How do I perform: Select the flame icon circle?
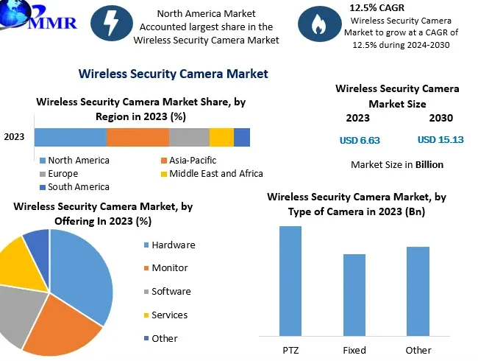click(x=319, y=24)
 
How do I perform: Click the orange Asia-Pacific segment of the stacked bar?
click(x=138, y=137)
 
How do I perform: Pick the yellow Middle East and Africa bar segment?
click(x=221, y=137)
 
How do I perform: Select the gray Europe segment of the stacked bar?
click(x=189, y=137)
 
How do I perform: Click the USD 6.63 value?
click(x=360, y=140)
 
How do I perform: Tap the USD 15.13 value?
click(x=440, y=140)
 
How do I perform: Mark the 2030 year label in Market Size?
click(x=440, y=118)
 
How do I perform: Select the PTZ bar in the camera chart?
click(x=290, y=280)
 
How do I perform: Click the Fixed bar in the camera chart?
click(x=354, y=294)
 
